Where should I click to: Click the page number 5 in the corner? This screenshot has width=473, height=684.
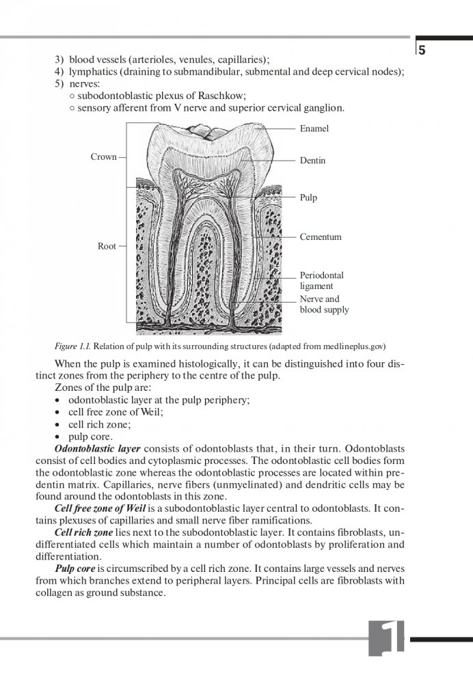[x=422, y=50]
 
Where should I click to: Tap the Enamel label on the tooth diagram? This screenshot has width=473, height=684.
[x=314, y=128]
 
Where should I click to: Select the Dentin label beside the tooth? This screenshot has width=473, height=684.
[x=312, y=161]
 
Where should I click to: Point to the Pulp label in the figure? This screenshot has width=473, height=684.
[x=308, y=197]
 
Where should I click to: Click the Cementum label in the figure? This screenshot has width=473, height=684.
[x=320, y=237]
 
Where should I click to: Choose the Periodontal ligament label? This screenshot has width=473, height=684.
[x=321, y=281]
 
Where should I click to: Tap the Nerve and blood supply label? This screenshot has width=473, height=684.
[x=324, y=304]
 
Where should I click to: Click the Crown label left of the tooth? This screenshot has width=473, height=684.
[x=103, y=157]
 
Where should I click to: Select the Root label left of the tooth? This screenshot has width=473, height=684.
[x=107, y=246]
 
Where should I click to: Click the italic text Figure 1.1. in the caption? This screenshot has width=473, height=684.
[x=75, y=345]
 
